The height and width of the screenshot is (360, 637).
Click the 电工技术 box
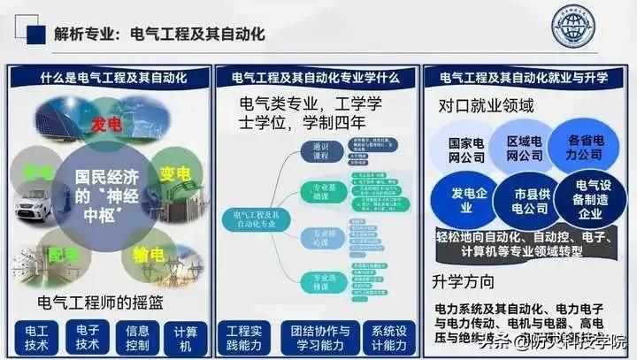click(x=36, y=334)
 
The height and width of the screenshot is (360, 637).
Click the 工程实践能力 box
click(x=245, y=334)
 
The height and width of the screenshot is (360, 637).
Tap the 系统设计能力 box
click(x=388, y=334)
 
